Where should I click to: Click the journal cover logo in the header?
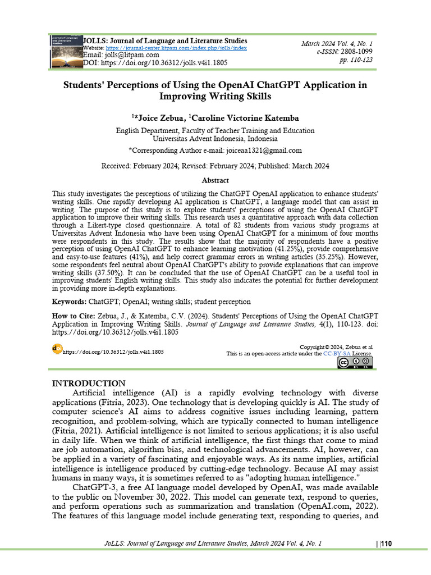65,52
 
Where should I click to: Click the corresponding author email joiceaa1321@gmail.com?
264,150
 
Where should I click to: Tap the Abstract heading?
215,180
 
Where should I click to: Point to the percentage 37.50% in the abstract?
112,272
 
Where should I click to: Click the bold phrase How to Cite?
73,316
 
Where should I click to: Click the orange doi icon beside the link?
57,348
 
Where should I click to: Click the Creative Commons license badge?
355,364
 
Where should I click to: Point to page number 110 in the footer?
387,543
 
